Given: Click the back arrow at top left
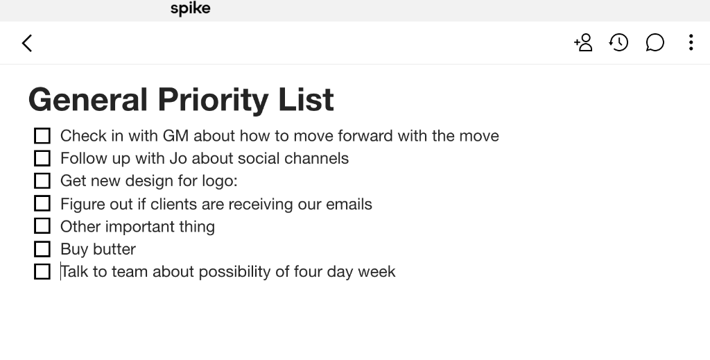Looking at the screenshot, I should click(x=27, y=43).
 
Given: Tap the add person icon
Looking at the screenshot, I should click(x=583, y=43).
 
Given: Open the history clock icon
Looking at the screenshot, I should click(x=618, y=43).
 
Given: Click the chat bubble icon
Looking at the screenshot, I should click(x=655, y=43).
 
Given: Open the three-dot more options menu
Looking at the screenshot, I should click(x=691, y=43).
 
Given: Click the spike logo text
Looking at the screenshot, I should click(x=190, y=9).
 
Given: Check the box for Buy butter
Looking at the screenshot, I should click(x=42, y=249).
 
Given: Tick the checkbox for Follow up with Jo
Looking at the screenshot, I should click(x=42, y=158).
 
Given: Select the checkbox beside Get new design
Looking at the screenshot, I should click(x=42, y=181).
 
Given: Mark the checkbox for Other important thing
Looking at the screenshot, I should click(x=42, y=226).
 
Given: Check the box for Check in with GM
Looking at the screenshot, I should click(x=42, y=135).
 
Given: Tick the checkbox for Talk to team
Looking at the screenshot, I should click(x=42, y=272).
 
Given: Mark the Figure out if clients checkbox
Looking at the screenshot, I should click(x=42, y=204).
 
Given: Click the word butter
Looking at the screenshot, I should click(x=115, y=249).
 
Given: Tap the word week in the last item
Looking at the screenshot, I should click(x=376, y=271).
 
